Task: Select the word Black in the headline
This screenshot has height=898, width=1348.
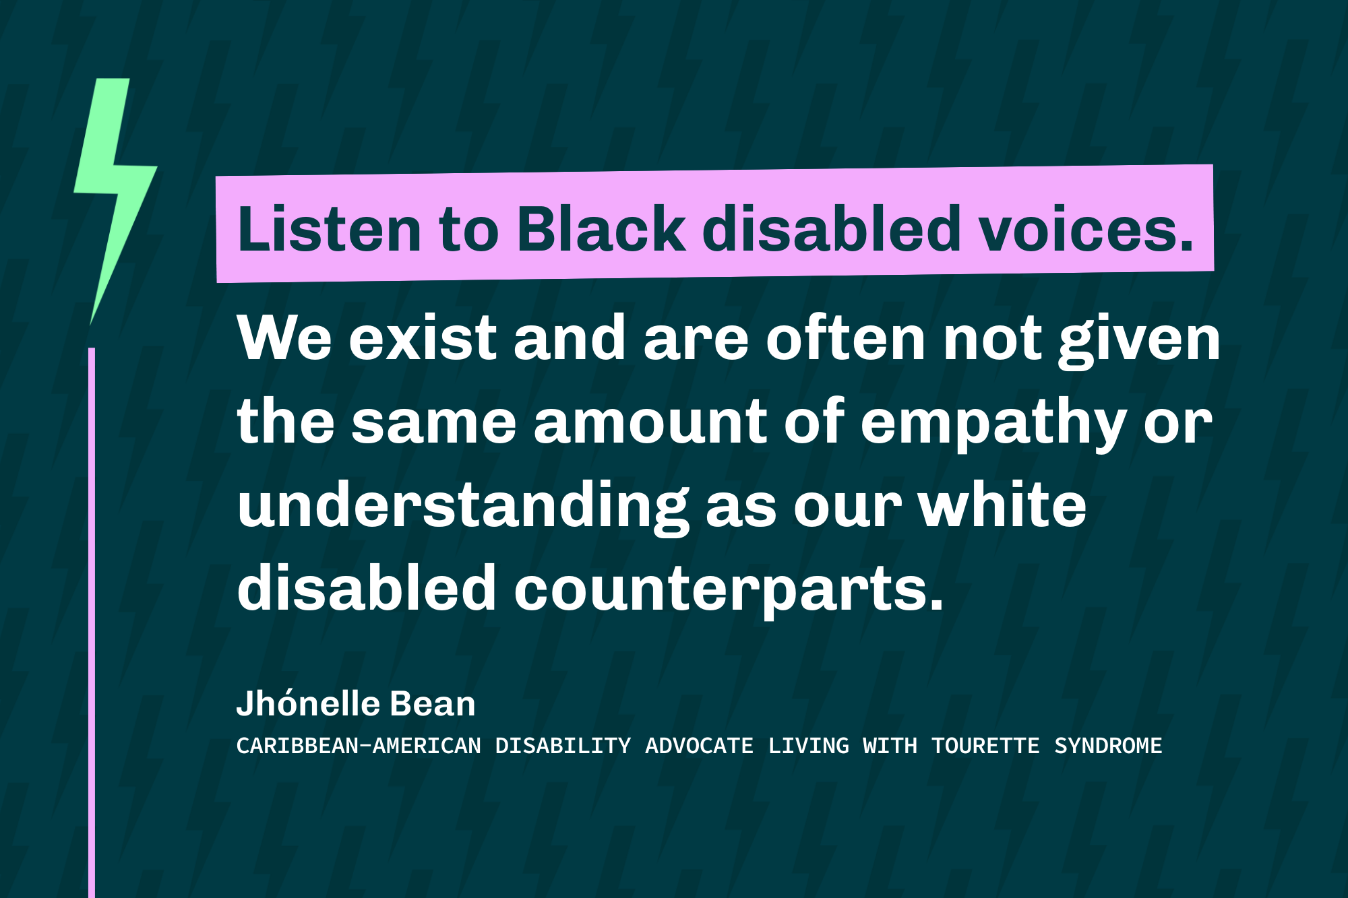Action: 601,229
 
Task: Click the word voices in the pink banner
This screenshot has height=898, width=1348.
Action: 1085,229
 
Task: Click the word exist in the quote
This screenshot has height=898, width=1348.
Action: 423,338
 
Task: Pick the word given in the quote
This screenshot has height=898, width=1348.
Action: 1139,340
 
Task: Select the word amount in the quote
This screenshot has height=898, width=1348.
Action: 650,422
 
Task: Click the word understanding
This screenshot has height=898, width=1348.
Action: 462,507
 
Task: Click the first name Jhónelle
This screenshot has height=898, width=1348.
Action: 308,704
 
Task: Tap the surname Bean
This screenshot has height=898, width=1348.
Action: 433,704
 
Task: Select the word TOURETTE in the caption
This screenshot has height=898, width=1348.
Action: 985,746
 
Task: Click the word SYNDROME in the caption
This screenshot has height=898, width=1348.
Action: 1108,746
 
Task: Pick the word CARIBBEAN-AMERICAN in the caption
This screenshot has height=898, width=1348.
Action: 359,746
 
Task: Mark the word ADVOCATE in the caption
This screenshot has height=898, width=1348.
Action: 699,746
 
